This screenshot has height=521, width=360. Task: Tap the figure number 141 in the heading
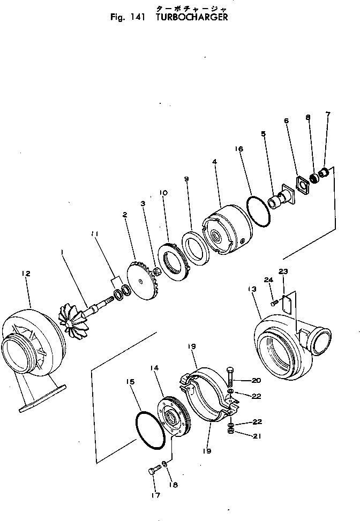point(138,17)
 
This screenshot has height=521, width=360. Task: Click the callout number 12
point(26,274)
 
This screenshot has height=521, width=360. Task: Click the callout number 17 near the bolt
point(155,495)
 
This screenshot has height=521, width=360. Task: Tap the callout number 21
point(257,435)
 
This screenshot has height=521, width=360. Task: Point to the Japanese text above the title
point(183,7)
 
